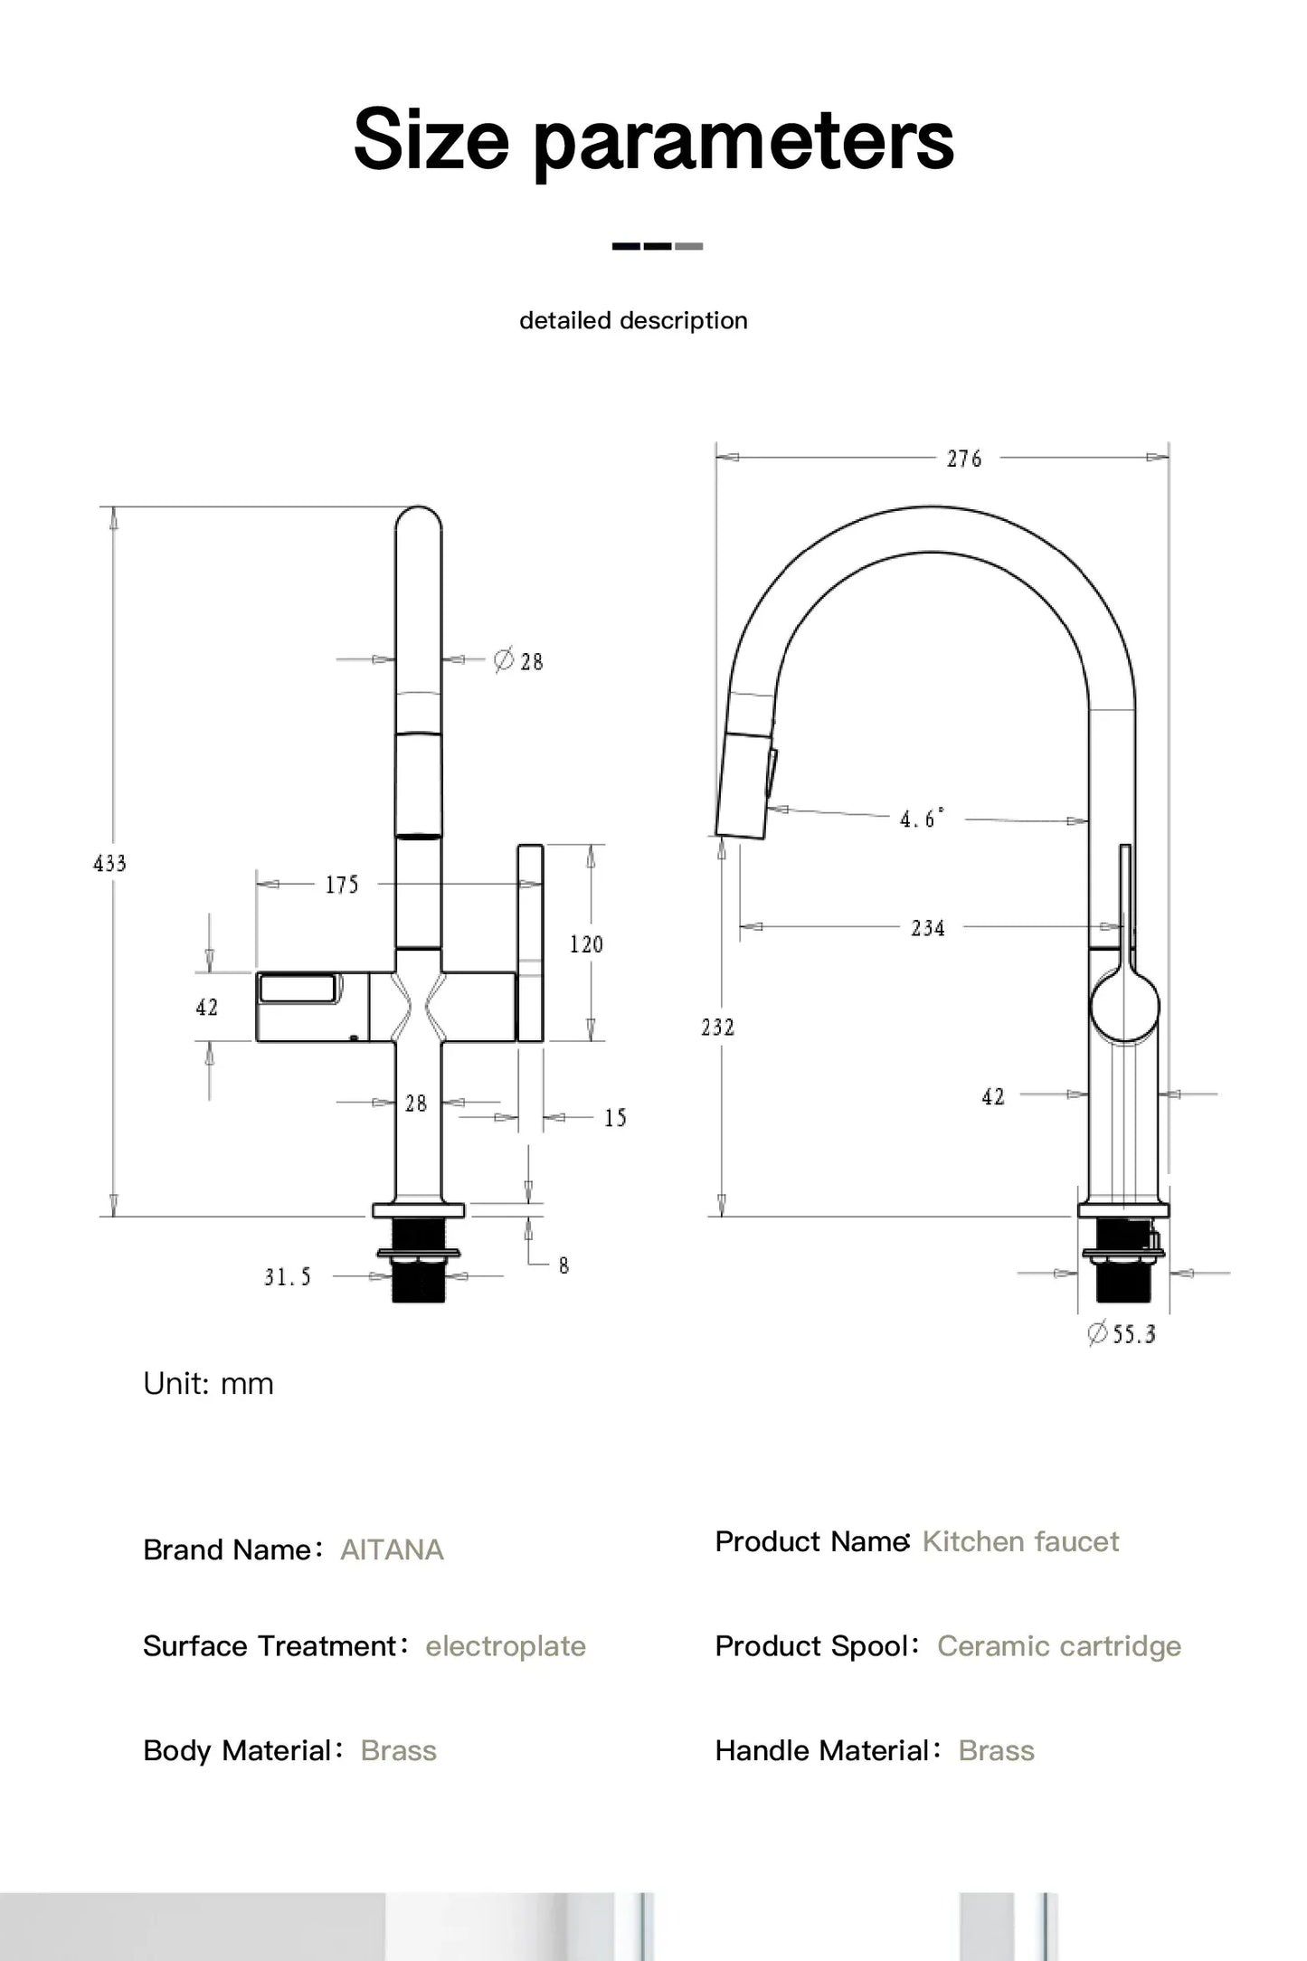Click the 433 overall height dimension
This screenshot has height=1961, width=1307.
tap(109, 863)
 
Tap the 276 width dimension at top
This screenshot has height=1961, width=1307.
tap(964, 459)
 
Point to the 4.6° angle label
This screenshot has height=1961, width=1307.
tap(921, 819)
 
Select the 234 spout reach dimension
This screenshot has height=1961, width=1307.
tap(928, 928)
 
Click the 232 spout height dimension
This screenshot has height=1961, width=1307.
tap(717, 1027)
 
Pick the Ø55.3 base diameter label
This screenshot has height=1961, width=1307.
tap(1122, 1333)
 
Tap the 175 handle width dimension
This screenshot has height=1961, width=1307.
tap(342, 885)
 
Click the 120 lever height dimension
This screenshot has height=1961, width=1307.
tap(585, 944)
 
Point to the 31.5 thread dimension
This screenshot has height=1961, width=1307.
tap(288, 1276)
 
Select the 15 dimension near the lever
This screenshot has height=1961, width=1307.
tap(615, 1118)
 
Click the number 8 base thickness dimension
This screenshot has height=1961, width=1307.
tap(564, 1265)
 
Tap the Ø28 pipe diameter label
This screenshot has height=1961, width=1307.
tap(519, 661)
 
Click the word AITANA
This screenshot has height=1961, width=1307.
tap(392, 1549)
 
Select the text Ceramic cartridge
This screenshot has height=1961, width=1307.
tap(1058, 1645)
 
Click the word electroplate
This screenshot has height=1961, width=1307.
tap(506, 1645)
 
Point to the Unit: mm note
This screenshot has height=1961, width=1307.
tap(208, 1383)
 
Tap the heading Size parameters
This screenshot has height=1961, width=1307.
tap(653, 139)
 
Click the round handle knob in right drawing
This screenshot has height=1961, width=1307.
tap(1124, 1006)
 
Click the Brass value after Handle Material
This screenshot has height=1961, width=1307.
tap(996, 1750)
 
